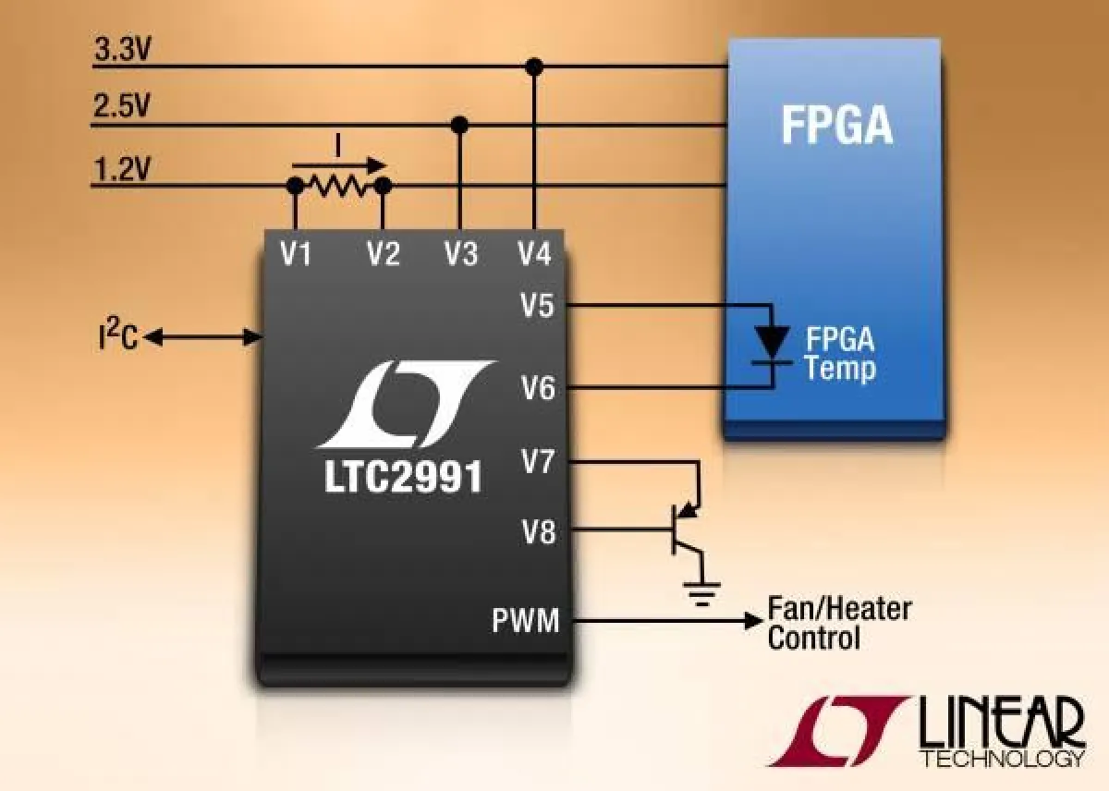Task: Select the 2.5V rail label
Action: (x=121, y=108)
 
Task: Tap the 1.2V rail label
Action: (x=121, y=169)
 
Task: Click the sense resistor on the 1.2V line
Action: (x=339, y=187)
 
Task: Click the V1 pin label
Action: (x=296, y=252)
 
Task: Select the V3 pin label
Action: (x=461, y=252)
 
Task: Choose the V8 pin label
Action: (x=539, y=532)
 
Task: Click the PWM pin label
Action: (x=525, y=621)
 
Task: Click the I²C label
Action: (x=117, y=338)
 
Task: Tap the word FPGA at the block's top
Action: (x=836, y=126)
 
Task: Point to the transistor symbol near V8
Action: (x=686, y=529)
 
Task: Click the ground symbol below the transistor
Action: (x=701, y=591)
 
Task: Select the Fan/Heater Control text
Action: (x=839, y=623)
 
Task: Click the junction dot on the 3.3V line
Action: (x=532, y=67)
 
